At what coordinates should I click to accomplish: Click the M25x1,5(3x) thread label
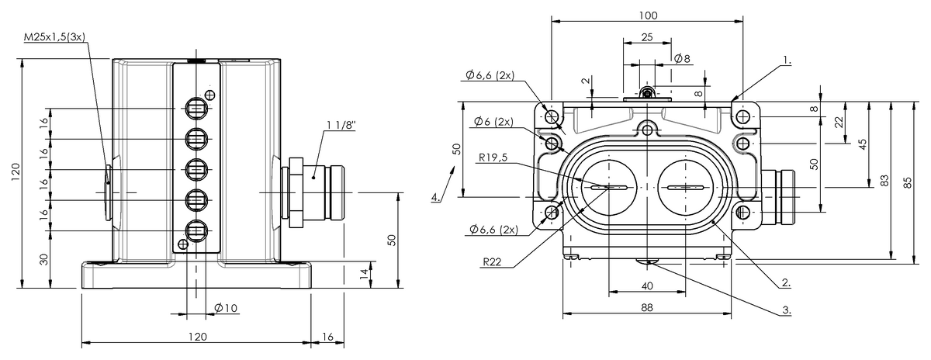54,37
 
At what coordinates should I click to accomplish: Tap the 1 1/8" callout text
341,125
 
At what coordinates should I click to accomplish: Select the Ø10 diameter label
226,308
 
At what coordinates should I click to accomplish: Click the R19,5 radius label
493,157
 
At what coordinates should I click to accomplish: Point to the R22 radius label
492,262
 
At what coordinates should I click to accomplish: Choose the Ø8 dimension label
682,59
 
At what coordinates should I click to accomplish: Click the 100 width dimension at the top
648,16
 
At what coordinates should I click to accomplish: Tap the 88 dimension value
647,307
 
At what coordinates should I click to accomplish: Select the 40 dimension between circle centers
647,286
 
